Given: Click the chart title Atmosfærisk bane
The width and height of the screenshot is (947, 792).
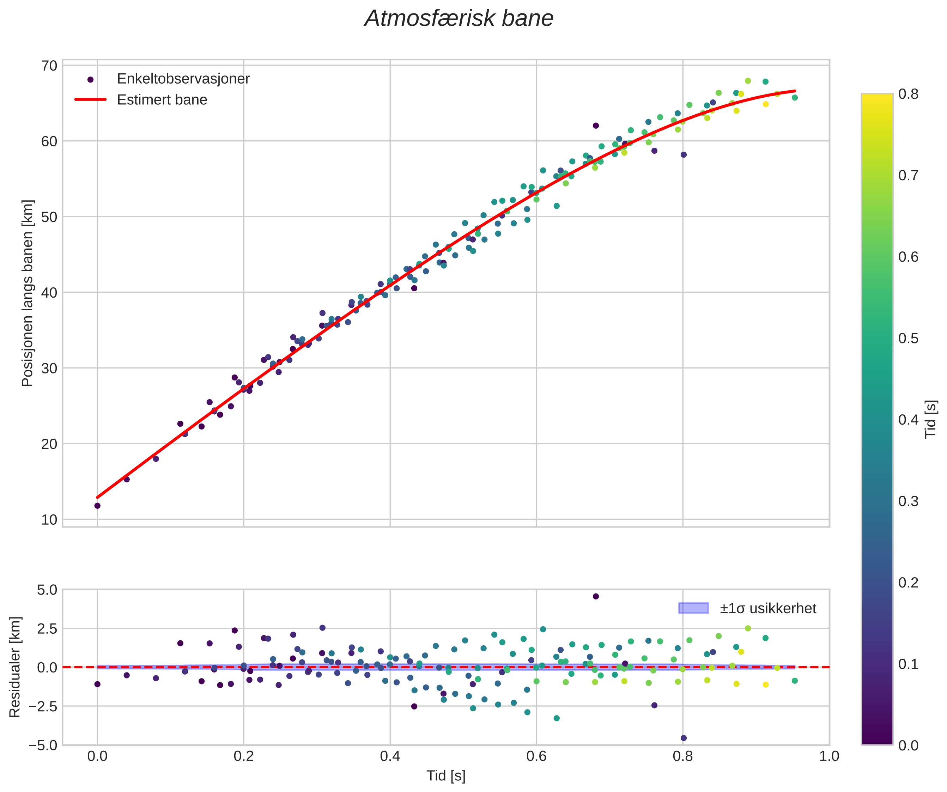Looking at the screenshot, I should point(459,19).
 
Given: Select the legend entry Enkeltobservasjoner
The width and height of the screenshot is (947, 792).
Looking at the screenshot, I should point(183,79).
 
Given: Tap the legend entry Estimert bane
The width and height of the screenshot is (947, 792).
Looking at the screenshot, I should point(162,100).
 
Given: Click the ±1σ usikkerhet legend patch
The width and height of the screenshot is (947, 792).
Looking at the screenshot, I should point(693,608).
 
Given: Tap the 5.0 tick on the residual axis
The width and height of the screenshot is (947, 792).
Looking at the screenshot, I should point(47,590).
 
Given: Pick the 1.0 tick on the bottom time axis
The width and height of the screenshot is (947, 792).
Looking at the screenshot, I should point(829,756).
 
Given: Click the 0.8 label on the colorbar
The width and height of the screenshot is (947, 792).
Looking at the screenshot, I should point(908,94).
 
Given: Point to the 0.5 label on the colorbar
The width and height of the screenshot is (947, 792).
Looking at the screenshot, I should point(908,338).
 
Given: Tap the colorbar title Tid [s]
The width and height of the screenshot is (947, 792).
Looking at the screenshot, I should point(930,419).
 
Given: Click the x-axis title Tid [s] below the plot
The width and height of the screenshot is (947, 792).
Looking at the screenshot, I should point(446,776).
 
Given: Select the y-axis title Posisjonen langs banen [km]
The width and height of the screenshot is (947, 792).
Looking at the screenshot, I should point(28,293).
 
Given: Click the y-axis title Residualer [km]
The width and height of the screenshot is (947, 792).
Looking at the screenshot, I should point(15,667).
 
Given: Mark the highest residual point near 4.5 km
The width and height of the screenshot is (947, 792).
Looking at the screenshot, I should point(596,596).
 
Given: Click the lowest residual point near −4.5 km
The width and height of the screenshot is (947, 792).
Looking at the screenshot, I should point(684,738).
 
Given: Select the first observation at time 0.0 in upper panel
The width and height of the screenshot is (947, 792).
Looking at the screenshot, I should point(97,506).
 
